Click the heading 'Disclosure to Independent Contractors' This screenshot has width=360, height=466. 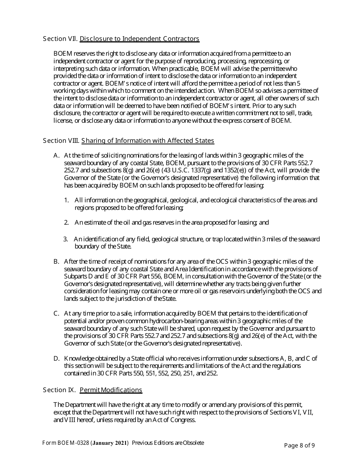139,39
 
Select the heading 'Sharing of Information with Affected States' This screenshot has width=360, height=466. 148,141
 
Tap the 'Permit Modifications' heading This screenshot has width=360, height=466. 111,390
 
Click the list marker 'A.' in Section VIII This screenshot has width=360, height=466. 56,155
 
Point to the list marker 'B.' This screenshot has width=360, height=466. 56,261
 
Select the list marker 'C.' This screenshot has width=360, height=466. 56,313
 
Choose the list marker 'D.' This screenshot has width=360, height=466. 56,358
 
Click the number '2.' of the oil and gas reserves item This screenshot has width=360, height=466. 67,222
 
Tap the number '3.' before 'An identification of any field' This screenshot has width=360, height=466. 66,239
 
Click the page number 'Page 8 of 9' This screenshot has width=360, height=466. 299,445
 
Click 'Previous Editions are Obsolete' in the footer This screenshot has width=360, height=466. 168,443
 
